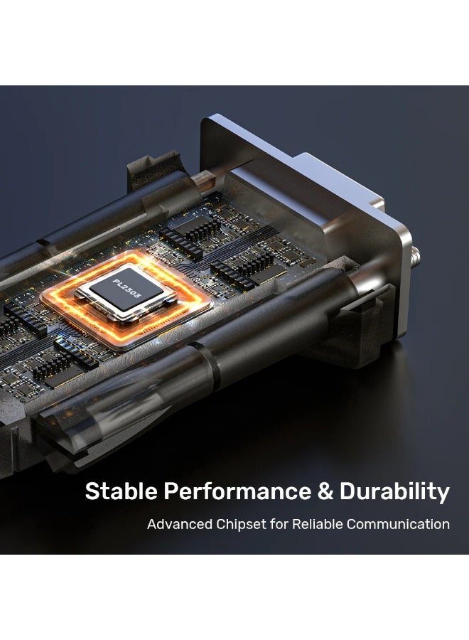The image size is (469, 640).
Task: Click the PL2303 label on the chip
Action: point(126,287)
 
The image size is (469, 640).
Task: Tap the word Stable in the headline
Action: point(121,491)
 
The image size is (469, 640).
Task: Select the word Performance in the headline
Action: point(237,491)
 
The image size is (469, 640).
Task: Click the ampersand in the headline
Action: point(325,491)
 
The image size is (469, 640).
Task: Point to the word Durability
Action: point(394,492)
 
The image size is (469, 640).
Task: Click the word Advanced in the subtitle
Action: point(180,524)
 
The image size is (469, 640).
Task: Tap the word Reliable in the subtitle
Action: point(318,524)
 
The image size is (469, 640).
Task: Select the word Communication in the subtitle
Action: point(398,524)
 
